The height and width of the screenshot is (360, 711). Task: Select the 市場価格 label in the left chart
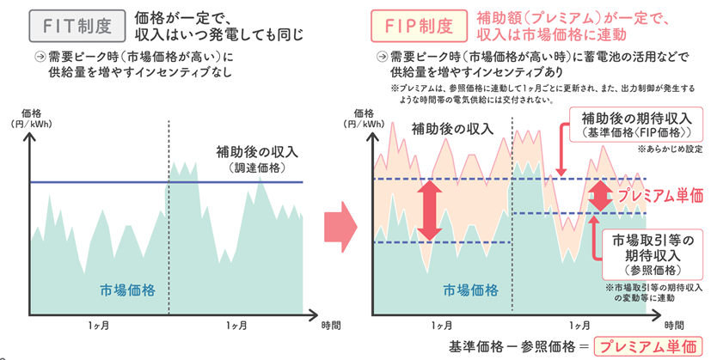coord(128,288)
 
